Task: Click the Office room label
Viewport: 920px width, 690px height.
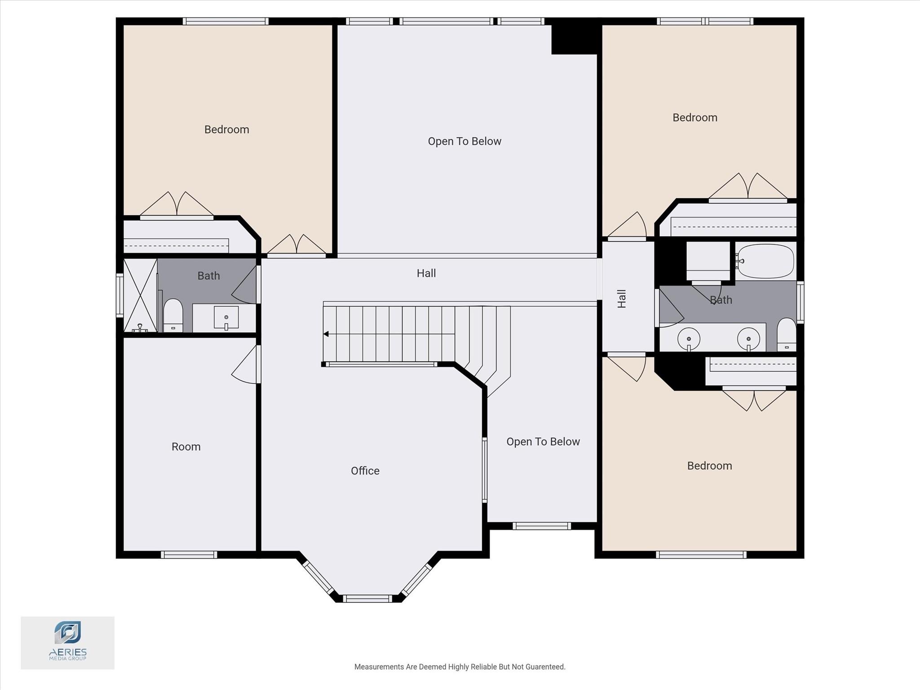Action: click(x=365, y=471)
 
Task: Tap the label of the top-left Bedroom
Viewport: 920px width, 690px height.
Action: click(x=226, y=129)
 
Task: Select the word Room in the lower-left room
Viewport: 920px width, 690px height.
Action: click(x=186, y=446)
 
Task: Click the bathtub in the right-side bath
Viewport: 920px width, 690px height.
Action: click(x=765, y=261)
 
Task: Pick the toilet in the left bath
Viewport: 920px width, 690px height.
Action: click(x=173, y=315)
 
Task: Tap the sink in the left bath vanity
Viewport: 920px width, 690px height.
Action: click(x=226, y=318)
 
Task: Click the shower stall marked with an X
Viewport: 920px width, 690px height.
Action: click(x=140, y=295)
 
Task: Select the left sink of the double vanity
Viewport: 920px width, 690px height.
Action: click(x=689, y=338)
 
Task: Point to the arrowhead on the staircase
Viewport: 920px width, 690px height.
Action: click(x=326, y=334)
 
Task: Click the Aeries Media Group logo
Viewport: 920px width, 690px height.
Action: click(x=67, y=642)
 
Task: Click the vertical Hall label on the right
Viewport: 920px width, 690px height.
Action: click(x=622, y=298)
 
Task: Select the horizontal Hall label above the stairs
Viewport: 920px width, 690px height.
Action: click(x=426, y=273)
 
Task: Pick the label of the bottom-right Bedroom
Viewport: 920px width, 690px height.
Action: click(x=709, y=466)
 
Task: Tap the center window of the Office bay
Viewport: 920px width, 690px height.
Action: click(x=367, y=598)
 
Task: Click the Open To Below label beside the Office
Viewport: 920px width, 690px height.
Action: click(x=543, y=442)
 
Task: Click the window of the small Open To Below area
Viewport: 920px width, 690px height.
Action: click(x=541, y=526)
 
